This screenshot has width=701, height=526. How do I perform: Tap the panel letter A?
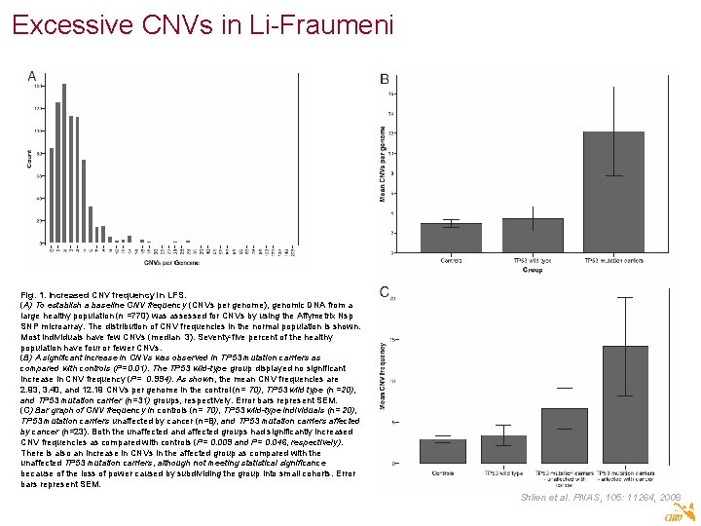click(32, 77)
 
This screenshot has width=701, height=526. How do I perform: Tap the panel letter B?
click(385, 79)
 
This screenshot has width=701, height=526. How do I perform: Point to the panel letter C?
click(385, 291)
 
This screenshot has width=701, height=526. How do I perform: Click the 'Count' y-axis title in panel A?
click(28, 160)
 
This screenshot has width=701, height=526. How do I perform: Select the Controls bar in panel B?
click(451, 238)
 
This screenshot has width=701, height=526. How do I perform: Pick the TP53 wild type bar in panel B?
click(533, 235)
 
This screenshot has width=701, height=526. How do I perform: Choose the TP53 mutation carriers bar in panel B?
click(613, 192)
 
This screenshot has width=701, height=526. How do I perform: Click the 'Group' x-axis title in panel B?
click(532, 270)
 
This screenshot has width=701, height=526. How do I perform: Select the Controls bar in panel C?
click(443, 451)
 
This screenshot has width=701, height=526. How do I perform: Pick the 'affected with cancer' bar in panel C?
click(625, 404)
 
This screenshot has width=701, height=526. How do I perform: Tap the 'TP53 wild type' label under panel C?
click(504, 472)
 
